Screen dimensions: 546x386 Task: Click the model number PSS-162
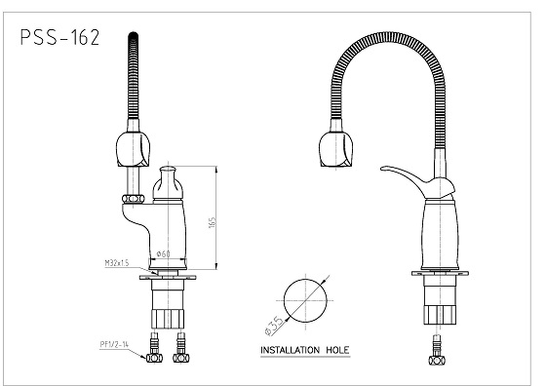59,37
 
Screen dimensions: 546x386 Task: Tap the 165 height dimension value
213,222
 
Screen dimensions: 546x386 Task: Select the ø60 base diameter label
164,253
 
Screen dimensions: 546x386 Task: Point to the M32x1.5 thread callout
117,263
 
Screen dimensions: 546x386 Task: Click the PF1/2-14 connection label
114,344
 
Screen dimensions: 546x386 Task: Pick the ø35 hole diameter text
274,327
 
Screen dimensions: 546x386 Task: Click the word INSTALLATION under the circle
291,350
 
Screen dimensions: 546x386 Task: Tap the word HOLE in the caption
337,350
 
